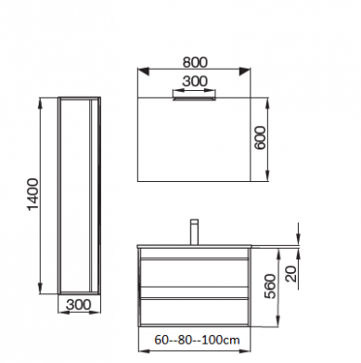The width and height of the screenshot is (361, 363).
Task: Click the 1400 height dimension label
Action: click(x=33, y=194)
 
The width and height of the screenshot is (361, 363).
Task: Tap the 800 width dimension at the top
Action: click(x=195, y=62)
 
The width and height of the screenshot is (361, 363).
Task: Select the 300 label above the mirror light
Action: click(x=195, y=82)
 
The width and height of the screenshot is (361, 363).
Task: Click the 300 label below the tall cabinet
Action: click(x=79, y=305)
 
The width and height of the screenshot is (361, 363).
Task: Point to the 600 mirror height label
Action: click(x=260, y=137)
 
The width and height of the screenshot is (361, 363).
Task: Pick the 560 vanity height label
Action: click(x=270, y=286)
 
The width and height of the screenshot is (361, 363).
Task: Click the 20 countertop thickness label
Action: click(x=291, y=274)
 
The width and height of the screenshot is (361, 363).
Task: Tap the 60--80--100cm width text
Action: click(x=197, y=340)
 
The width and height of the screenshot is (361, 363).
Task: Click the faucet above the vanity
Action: click(x=194, y=232)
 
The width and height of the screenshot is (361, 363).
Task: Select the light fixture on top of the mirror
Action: click(x=194, y=98)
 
